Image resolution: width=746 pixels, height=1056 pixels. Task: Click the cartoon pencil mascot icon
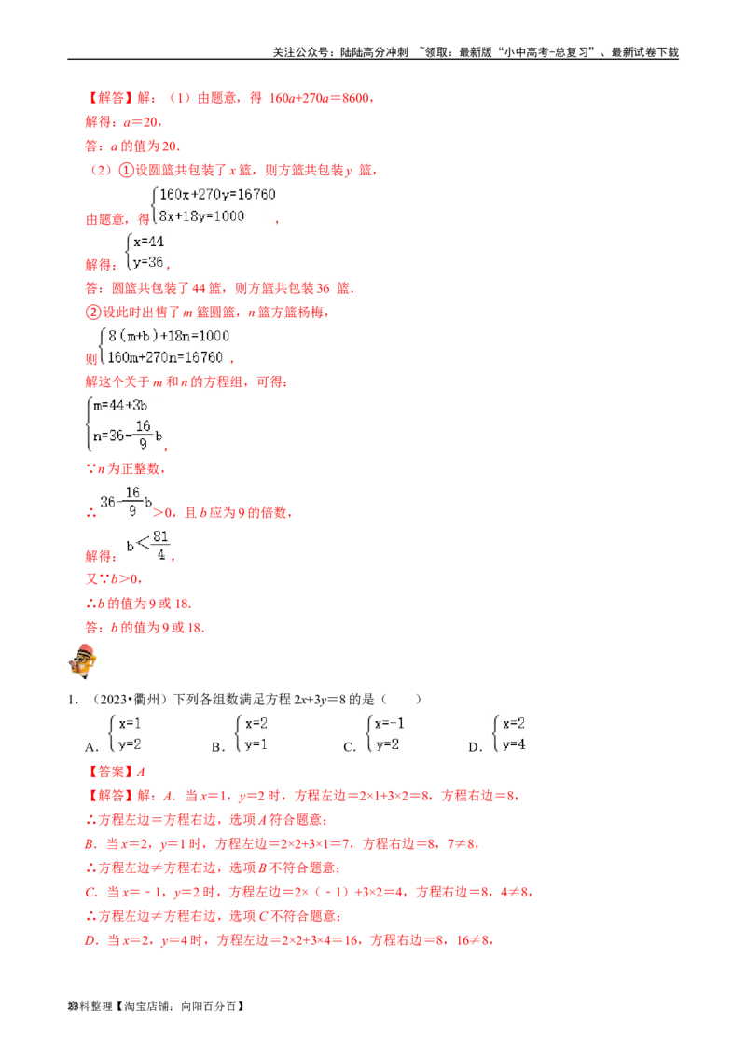point(83,660)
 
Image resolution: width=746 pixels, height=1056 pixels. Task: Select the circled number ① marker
point(126,170)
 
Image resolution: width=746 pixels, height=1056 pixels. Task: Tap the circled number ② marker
point(93,312)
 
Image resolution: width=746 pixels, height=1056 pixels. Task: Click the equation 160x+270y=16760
point(217,195)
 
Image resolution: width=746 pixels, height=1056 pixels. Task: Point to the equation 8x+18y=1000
point(202,216)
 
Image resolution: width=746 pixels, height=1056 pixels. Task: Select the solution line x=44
point(149,242)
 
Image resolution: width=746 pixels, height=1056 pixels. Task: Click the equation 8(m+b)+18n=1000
point(169,336)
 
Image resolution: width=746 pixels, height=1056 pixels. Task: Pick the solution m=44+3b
point(120,406)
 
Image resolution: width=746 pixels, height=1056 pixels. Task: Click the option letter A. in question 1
point(91,747)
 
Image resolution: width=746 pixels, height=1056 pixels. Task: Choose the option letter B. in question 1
point(217,747)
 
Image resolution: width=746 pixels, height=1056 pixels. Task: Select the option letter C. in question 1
point(350,747)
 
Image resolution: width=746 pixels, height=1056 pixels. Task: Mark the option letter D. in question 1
point(476,747)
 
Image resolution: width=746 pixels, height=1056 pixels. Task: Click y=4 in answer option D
point(514,744)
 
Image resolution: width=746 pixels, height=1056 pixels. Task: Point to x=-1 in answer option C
point(390,723)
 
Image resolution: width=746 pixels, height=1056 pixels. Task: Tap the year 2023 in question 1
point(113,699)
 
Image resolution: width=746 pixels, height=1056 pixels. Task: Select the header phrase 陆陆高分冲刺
point(374,52)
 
